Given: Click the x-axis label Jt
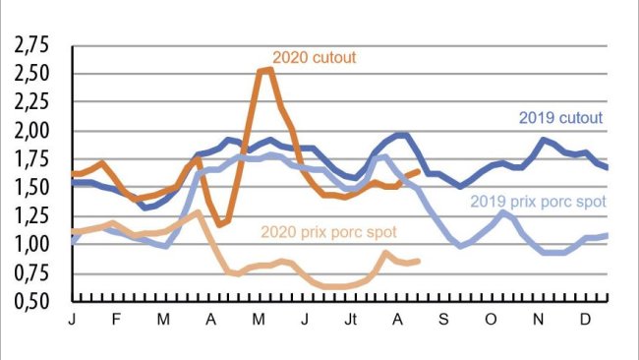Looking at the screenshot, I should pos(350,321).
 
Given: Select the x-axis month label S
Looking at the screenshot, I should pos(443,321).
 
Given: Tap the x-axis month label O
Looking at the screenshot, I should pos(490,321).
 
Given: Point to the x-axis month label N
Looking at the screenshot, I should pos(538,321).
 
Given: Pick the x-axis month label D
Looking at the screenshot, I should pos(585,321).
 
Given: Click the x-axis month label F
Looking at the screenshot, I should pos(118,321).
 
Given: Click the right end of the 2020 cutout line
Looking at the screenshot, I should pos(420,171).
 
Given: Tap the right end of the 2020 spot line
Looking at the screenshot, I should pos(419,261).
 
